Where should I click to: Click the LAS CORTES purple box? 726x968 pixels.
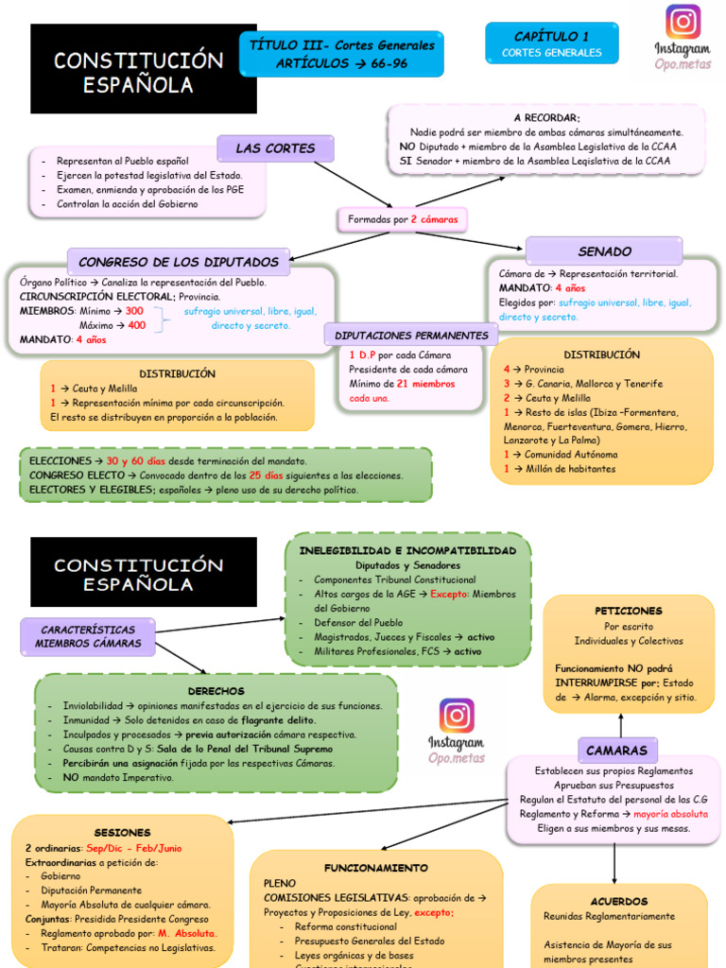pyautogui.click(x=275, y=148)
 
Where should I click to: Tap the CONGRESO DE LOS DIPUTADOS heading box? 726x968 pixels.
pyautogui.click(x=179, y=262)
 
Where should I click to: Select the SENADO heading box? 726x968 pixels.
pyautogui.click(x=604, y=251)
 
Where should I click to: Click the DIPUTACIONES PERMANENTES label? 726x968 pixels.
pyautogui.click(x=411, y=335)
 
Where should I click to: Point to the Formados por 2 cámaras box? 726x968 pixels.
pyautogui.click(x=403, y=219)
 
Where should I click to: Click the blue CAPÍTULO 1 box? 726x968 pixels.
pyautogui.click(x=551, y=43)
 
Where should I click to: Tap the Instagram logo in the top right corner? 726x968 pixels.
pyautogui.click(x=683, y=23)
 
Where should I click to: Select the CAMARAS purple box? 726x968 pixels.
pyautogui.click(x=616, y=751)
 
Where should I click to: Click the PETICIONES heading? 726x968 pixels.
pyautogui.click(x=628, y=611)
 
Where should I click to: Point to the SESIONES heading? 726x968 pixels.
pyautogui.click(x=122, y=833)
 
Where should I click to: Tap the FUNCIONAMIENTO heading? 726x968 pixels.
pyautogui.click(x=376, y=867)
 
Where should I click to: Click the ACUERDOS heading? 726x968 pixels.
pyautogui.click(x=619, y=902)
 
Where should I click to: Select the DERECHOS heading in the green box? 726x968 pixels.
pyautogui.click(x=216, y=691)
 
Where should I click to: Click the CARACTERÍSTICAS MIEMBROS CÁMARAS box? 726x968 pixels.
pyautogui.click(x=88, y=636)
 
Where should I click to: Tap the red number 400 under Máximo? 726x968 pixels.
pyautogui.click(x=137, y=325)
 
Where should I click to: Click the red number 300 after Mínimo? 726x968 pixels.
pyautogui.click(x=134, y=311)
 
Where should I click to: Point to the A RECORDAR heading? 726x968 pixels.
pyautogui.click(x=546, y=117)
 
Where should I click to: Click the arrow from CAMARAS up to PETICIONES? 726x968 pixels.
pyautogui.click(x=621, y=724)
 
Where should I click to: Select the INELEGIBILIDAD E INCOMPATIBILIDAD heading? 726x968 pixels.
pyautogui.click(x=407, y=550)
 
